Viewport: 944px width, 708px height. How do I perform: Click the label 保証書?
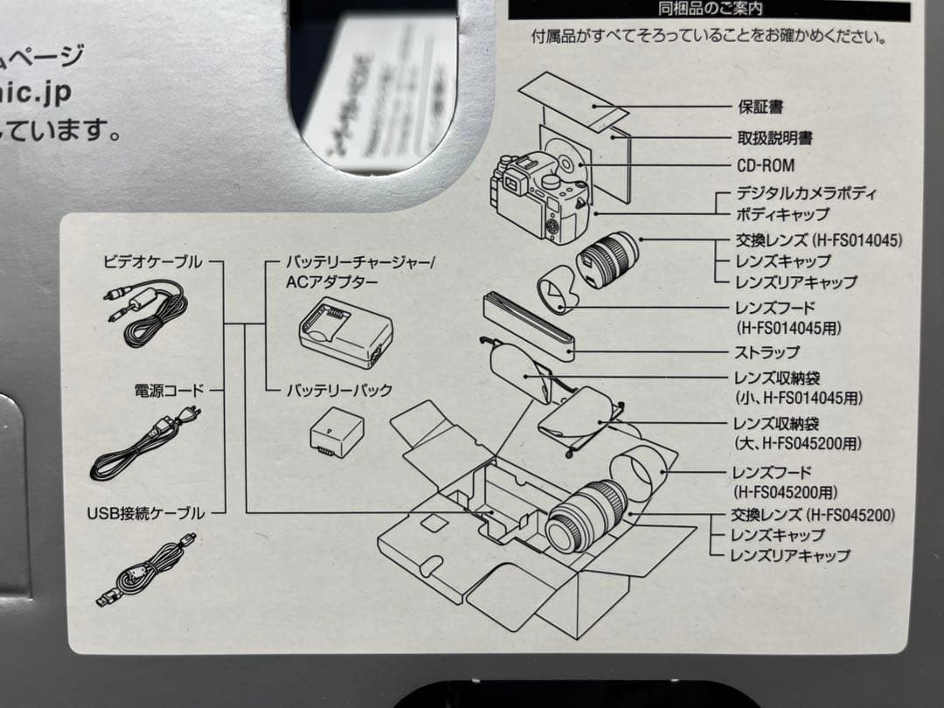[x=760, y=108]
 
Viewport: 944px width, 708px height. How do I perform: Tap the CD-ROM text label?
[x=766, y=165]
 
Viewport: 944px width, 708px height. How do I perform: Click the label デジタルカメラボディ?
[x=807, y=194]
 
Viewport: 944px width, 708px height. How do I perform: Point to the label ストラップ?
[x=767, y=352]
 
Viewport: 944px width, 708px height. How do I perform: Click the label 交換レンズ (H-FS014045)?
[x=818, y=239]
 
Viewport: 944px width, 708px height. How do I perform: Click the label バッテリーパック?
[x=339, y=391]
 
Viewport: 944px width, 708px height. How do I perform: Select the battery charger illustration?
[x=345, y=331]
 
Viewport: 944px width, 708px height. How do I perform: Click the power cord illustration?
[x=144, y=441]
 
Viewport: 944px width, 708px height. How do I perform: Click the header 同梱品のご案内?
[x=710, y=9]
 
